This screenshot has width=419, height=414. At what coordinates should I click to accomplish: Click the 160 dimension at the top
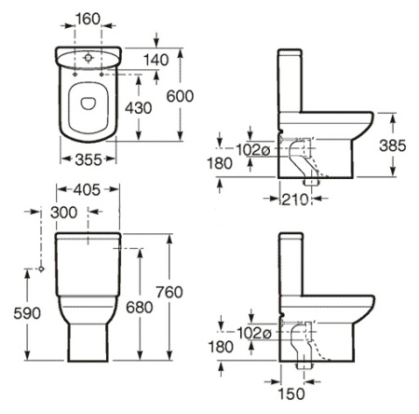click(x=88, y=19)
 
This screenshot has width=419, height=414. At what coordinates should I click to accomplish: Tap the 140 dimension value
click(x=156, y=60)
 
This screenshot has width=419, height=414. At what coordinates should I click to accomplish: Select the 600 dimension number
click(x=180, y=96)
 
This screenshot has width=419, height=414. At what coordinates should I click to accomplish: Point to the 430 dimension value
click(x=139, y=108)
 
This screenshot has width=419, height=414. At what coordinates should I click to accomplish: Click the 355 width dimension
click(x=88, y=159)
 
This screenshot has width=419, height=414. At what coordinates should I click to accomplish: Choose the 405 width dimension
click(x=87, y=189)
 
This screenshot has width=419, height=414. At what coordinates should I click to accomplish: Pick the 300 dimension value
click(x=64, y=213)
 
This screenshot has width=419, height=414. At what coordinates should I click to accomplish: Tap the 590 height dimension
click(x=27, y=313)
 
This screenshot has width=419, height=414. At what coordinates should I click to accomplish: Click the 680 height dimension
click(x=140, y=308)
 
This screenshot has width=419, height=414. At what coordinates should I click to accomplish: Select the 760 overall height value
click(x=169, y=292)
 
